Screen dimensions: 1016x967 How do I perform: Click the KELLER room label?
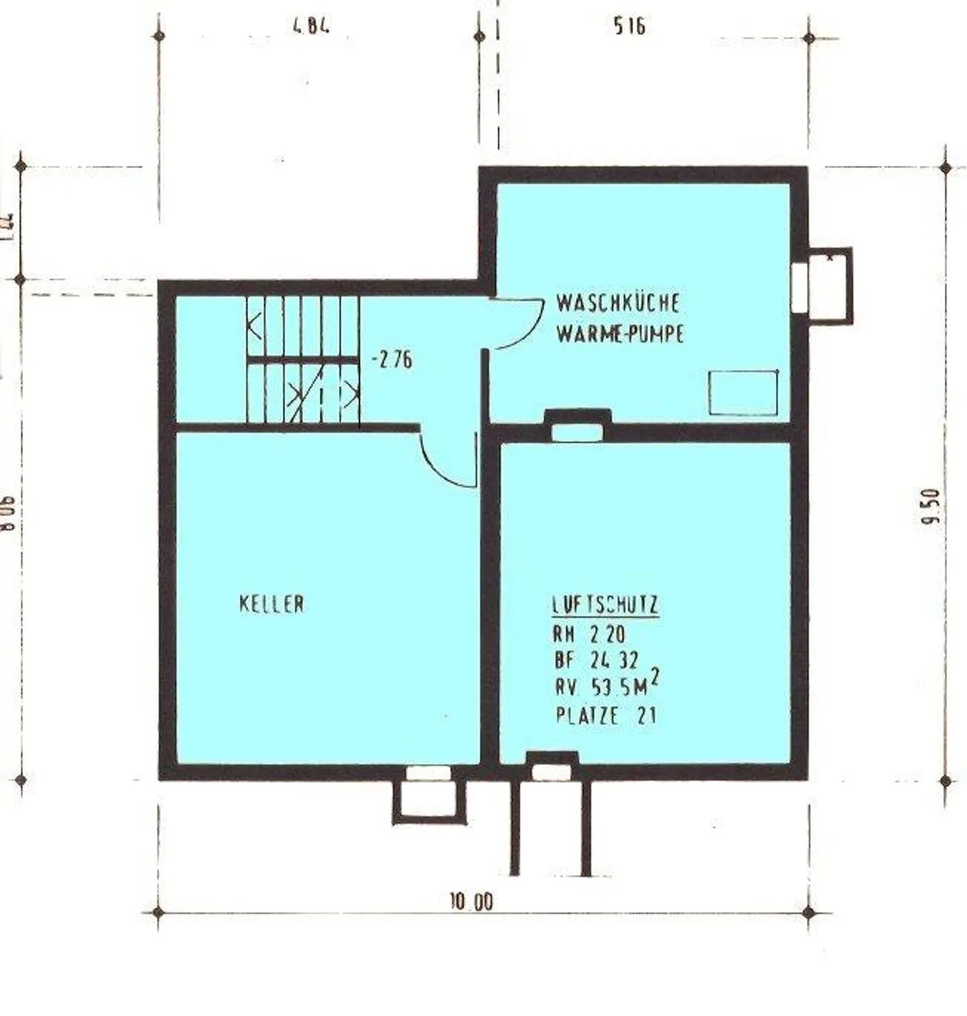pos(271,604)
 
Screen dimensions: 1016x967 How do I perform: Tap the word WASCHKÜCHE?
pos(617,303)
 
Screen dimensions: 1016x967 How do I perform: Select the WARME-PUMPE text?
pos(619,334)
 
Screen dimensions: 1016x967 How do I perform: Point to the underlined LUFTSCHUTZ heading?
pos(605,605)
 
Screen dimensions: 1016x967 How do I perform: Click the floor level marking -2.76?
pos(392,360)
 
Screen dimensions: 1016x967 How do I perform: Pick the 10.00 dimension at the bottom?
pos(471,901)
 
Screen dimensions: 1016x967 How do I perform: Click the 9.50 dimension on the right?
pos(931,506)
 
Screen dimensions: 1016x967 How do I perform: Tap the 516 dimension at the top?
pos(629,26)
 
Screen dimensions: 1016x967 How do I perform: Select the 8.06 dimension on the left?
pos(8,513)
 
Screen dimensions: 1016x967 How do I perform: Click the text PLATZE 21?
pos(605,715)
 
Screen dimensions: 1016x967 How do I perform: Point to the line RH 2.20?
pos(588,634)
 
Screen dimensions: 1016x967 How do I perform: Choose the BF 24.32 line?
pos(596,661)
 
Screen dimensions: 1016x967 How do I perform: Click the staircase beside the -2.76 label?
pos(303,361)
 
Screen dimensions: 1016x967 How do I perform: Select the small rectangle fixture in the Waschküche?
pos(743,392)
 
